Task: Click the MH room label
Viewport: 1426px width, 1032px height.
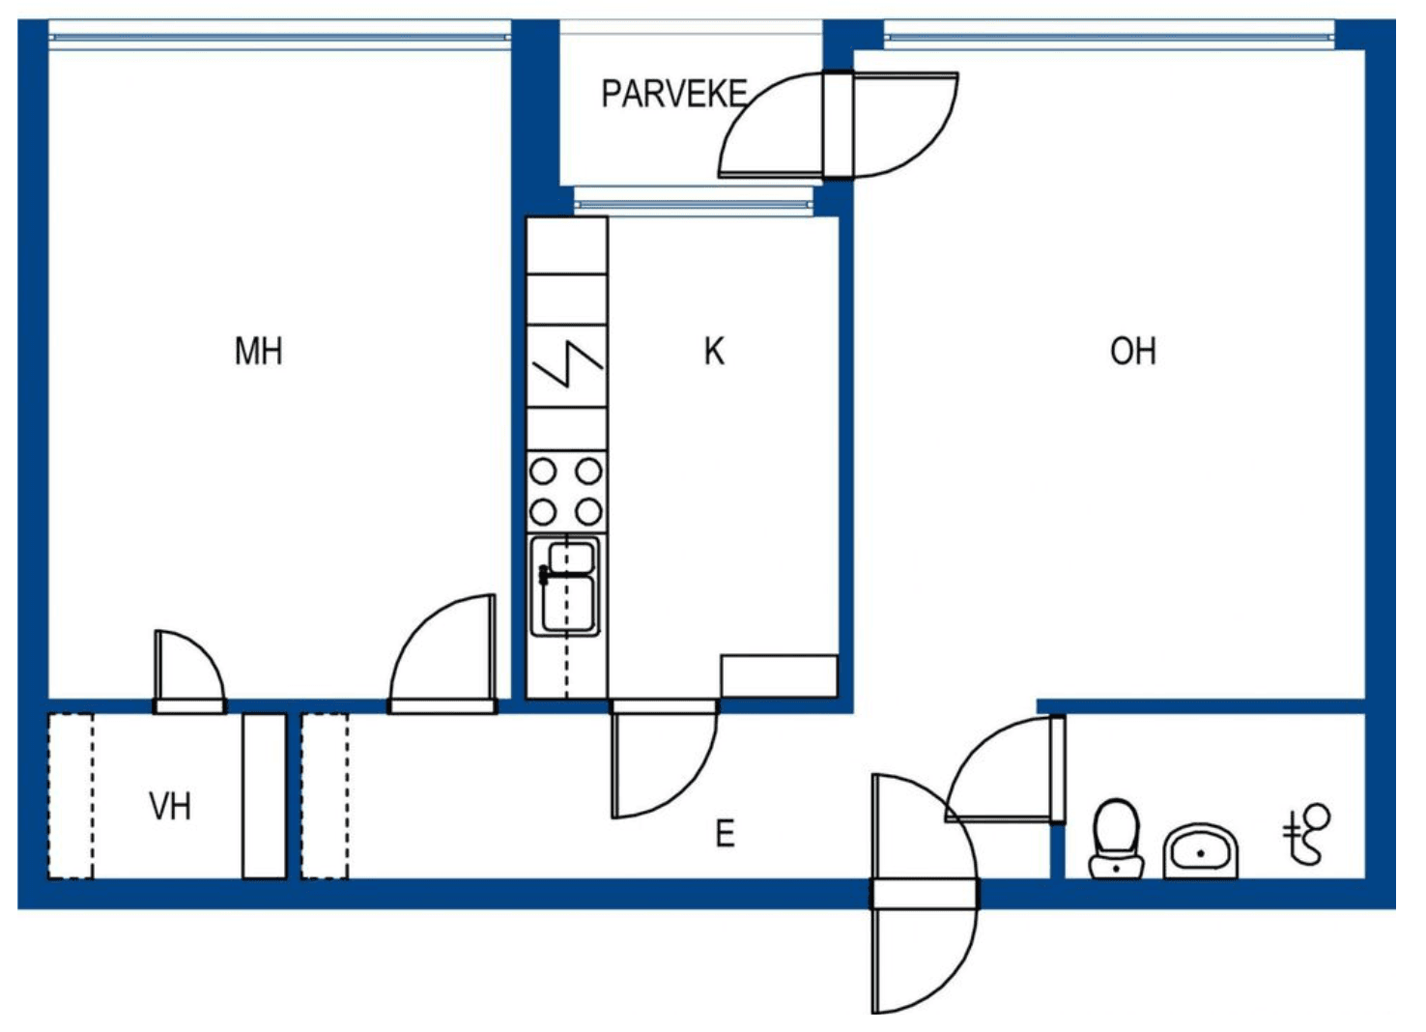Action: click(x=259, y=352)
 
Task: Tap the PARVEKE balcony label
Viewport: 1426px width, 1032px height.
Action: click(x=674, y=95)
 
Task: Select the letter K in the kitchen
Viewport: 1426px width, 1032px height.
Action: click(x=714, y=352)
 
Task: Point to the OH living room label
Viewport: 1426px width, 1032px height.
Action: click(x=1133, y=352)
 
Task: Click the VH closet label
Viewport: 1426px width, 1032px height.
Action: click(x=170, y=807)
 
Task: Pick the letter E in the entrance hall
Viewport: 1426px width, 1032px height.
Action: click(x=726, y=833)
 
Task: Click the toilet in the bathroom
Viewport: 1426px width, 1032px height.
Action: click(x=1116, y=839)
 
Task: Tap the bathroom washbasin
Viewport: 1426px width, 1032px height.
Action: click(x=1201, y=852)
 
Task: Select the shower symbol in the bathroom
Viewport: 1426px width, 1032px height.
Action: click(x=1305, y=834)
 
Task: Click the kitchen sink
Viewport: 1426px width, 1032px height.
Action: click(x=565, y=587)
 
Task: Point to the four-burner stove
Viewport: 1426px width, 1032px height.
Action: click(x=566, y=492)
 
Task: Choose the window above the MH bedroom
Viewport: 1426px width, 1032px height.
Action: click(x=280, y=37)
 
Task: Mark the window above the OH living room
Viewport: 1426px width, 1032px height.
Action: click(x=1109, y=37)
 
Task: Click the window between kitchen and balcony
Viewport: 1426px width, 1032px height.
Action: click(x=694, y=204)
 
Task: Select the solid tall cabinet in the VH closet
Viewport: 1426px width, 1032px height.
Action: click(x=264, y=796)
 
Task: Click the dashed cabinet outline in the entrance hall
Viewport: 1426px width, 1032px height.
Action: click(x=325, y=796)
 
